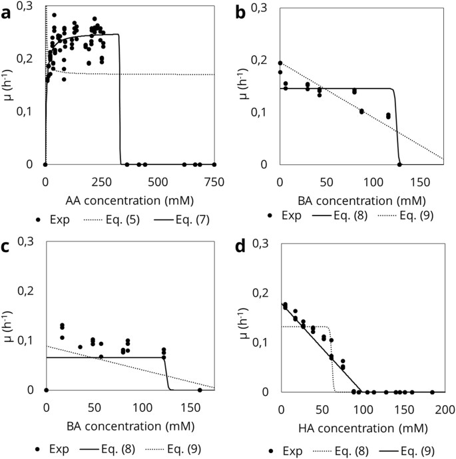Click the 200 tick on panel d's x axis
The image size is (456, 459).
pyautogui.click(x=444, y=408)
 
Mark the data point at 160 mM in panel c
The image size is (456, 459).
pyautogui.click(x=200, y=390)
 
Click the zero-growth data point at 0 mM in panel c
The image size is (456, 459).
pyautogui.click(x=45, y=390)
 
